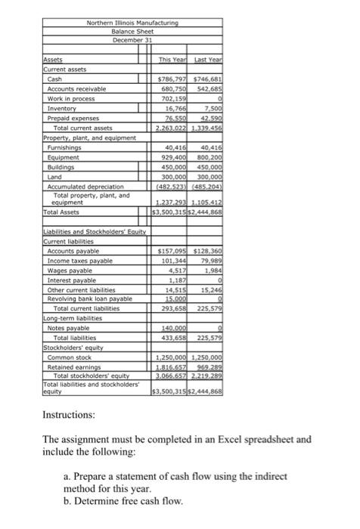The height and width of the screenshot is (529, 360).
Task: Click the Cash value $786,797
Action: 172,79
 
